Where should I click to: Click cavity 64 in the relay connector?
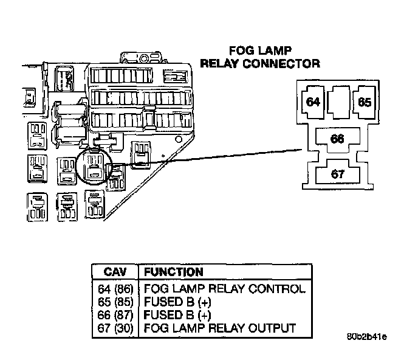(313, 102)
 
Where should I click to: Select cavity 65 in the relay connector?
(364, 102)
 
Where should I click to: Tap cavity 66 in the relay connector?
(338, 139)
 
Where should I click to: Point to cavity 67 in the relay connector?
(338, 174)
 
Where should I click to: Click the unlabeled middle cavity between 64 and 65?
(338, 100)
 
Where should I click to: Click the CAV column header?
(115, 272)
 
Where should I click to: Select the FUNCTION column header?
(173, 272)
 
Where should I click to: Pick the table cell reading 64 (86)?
(115, 289)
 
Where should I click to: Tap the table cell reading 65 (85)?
(115, 302)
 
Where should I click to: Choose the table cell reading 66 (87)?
(115, 314)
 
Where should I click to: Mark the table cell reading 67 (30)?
(115, 328)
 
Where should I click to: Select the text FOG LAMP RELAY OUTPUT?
(219, 328)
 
